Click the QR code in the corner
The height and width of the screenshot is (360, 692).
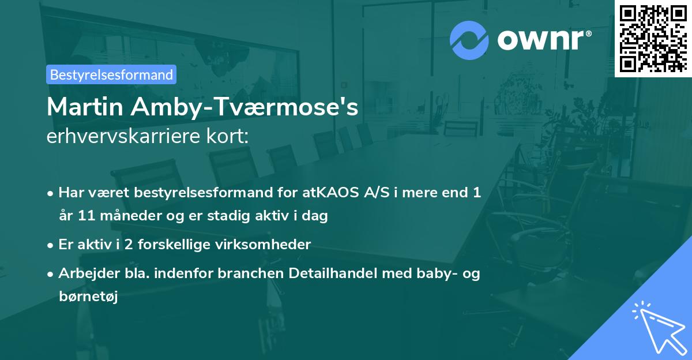tap(653, 38)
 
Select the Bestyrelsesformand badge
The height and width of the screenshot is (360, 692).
tap(111, 74)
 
